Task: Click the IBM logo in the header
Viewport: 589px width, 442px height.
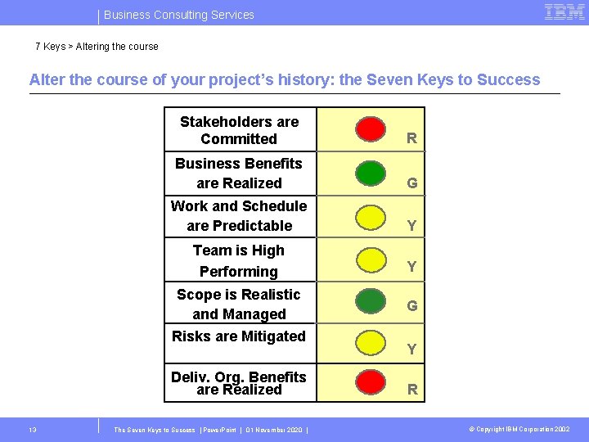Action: click(x=564, y=12)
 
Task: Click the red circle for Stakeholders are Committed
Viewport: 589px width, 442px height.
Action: click(x=371, y=129)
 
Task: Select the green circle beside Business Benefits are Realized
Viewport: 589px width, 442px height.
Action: click(x=371, y=173)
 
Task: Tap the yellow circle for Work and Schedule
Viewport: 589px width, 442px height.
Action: click(x=371, y=217)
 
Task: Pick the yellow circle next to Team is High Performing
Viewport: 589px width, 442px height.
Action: click(x=371, y=260)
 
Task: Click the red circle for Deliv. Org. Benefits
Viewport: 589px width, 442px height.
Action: click(x=371, y=381)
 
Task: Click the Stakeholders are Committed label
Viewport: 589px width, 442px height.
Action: click(x=239, y=130)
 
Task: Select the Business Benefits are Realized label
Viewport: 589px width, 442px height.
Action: click(x=239, y=174)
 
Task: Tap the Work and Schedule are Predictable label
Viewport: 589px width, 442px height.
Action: click(x=239, y=216)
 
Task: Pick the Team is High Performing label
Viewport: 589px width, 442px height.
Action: click(x=239, y=261)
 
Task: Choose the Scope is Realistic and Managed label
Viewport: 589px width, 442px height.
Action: click(x=239, y=304)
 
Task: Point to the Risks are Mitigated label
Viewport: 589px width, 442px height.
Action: click(x=239, y=336)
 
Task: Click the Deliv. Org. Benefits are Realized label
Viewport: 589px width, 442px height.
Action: click(x=239, y=383)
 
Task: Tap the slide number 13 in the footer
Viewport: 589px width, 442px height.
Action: click(x=32, y=429)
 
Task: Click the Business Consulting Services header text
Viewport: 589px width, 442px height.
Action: click(x=179, y=15)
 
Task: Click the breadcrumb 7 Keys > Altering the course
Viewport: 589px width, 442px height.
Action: click(x=97, y=47)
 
